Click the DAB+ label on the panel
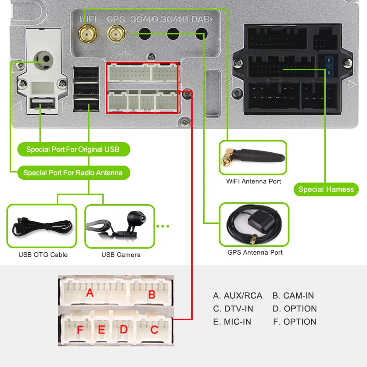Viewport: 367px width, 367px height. point(202,20)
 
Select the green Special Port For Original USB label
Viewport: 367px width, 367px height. point(72,150)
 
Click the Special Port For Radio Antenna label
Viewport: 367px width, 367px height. point(73,173)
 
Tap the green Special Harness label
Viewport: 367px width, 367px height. point(326,189)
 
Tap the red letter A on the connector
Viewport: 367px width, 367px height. point(90,292)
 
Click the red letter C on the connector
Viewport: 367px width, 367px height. point(154,329)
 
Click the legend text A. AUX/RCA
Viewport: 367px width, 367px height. point(238,296)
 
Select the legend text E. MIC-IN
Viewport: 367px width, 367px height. point(232,322)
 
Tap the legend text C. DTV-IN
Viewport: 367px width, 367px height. point(233,309)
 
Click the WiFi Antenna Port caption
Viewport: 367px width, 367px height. point(254,181)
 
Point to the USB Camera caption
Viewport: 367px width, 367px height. point(121,255)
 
